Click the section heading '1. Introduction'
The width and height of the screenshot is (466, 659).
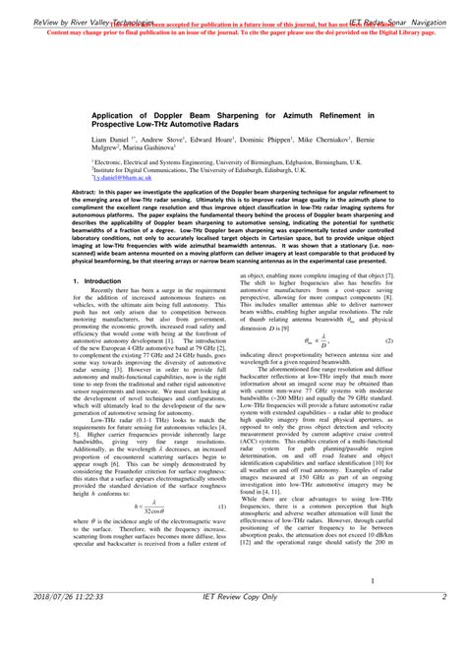pos(97,281)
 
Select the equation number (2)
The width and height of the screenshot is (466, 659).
pos(388,340)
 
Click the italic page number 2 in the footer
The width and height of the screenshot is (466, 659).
pos(443,624)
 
